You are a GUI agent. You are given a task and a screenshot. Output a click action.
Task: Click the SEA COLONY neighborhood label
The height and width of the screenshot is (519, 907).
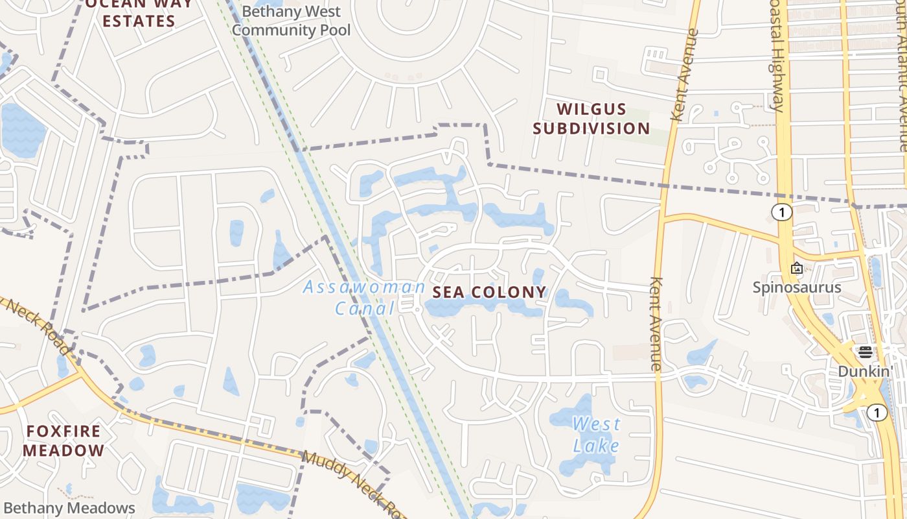[489, 292]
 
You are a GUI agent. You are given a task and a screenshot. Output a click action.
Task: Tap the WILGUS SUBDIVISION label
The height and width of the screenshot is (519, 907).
[591, 119]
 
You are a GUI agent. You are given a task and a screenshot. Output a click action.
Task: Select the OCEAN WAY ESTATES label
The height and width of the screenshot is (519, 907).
[139, 13]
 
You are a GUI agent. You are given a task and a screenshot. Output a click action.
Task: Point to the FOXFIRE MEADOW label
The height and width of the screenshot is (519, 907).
[63, 441]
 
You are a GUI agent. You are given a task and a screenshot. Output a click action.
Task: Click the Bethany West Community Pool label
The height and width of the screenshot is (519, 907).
[291, 21]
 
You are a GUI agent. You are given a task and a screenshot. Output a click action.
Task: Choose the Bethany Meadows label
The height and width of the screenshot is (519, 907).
[69, 508]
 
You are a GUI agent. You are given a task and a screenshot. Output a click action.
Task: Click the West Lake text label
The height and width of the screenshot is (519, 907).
[595, 435]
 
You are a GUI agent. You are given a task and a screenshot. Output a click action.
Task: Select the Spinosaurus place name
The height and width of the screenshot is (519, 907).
[796, 287]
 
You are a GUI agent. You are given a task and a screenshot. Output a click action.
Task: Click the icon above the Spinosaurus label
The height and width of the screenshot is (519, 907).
[797, 268]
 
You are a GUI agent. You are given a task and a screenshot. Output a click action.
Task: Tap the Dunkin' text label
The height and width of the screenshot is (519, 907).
[866, 371]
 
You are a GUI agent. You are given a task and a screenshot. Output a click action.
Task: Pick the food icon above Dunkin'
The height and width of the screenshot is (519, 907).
[866, 352]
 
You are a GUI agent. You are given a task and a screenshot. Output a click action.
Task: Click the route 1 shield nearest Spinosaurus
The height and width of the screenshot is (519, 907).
[783, 212]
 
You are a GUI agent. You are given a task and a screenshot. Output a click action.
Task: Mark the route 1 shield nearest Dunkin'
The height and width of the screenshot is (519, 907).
[877, 413]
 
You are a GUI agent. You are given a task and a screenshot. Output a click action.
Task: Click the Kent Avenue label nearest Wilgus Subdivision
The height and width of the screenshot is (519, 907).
[685, 75]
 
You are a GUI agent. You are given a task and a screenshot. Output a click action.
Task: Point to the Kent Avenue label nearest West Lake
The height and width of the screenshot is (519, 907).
[656, 324]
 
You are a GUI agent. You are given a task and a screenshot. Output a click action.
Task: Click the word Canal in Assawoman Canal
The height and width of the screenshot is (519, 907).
[364, 308]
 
